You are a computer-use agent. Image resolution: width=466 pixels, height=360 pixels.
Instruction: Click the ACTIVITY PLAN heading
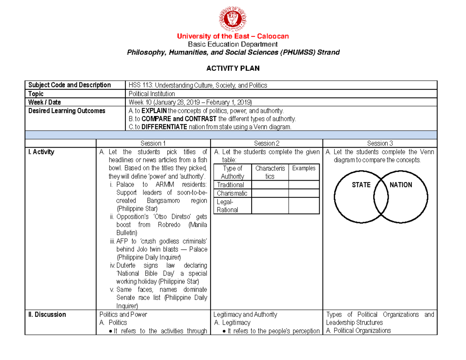pyautogui.click(x=233, y=68)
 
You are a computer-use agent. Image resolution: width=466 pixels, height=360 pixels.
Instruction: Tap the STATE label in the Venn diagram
pyautogui.click(x=361, y=185)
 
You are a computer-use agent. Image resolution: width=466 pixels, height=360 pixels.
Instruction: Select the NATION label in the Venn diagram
pyautogui.click(x=401, y=185)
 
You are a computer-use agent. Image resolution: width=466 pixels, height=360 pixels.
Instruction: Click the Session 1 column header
pyautogui.click(x=153, y=143)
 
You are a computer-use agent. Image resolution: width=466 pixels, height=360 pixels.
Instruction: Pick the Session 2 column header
pyautogui.click(x=266, y=143)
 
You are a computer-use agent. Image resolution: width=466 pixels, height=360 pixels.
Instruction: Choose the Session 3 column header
pyautogui.click(x=379, y=143)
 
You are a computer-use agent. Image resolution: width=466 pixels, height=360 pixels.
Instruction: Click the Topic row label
pyautogui.click(x=36, y=94)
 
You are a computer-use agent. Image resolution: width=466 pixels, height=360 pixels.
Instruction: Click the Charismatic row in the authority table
pyautogui.click(x=232, y=193)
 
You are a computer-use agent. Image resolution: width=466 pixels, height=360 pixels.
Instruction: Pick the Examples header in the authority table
pyautogui.click(x=304, y=168)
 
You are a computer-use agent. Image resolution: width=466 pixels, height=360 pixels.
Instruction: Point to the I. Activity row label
pyautogui.click(x=40, y=152)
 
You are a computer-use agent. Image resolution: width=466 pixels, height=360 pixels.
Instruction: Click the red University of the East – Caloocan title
pyautogui.click(x=233, y=36)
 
